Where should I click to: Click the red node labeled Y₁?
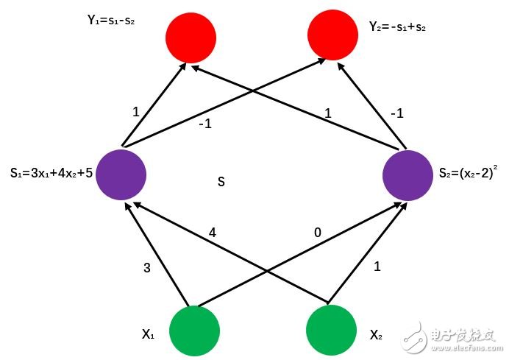click(191, 37)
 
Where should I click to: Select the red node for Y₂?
click(332, 37)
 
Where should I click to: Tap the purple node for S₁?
click(121, 175)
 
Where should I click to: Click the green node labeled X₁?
click(195, 331)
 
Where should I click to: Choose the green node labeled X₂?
click(331, 331)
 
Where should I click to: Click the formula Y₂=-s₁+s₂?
click(397, 27)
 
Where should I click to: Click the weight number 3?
click(147, 269)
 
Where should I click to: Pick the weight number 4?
click(213, 233)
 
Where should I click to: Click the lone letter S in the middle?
click(221, 180)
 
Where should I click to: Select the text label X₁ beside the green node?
click(148, 334)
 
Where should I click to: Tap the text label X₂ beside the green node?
click(376, 335)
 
